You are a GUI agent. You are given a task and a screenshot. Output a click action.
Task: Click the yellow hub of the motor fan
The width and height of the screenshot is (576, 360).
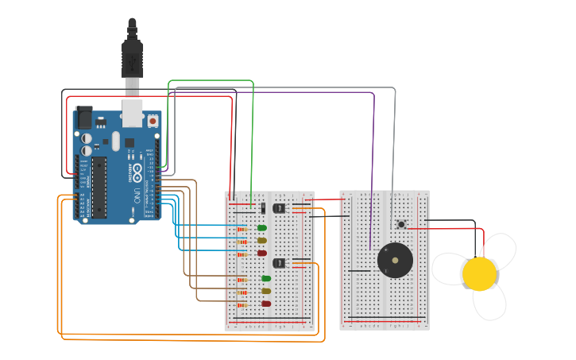pos(480,273)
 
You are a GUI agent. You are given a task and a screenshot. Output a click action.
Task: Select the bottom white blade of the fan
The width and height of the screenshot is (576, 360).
pos(489,303)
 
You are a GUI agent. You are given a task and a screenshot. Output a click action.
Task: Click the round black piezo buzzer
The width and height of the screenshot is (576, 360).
pos(395,260)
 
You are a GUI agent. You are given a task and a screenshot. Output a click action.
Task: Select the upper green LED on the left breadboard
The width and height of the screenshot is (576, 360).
pos(262,228)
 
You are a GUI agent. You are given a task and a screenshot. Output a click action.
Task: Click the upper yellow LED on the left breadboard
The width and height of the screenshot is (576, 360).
pos(262,240)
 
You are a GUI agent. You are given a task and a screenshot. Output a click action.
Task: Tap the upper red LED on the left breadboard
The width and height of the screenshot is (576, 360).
pos(262,253)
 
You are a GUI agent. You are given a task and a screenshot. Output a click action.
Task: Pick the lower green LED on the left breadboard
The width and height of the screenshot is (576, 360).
pos(265,278)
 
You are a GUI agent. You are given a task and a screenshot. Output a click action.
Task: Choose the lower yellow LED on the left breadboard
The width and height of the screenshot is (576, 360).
pos(265,291)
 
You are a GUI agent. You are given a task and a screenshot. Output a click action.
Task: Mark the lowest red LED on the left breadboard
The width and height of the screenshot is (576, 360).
pos(265,304)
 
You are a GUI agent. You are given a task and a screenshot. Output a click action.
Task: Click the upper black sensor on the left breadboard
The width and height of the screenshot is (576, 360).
pos(279,208)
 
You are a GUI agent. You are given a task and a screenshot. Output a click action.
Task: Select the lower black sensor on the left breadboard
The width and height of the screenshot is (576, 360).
pos(279,263)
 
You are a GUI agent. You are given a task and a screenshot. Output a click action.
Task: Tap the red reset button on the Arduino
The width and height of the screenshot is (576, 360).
pos(152,121)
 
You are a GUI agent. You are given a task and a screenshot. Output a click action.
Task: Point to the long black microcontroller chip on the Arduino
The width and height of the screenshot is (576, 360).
pos(99,187)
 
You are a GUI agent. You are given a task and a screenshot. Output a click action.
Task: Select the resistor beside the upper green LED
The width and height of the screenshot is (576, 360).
pos(242,229)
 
